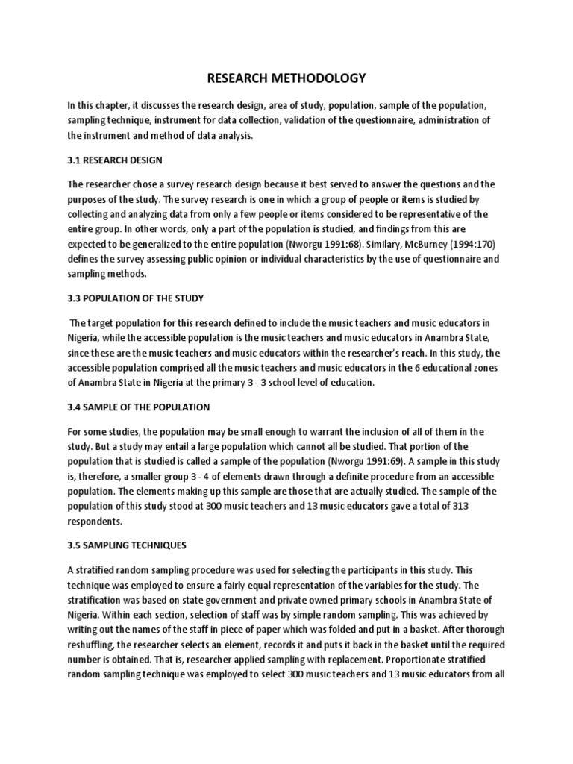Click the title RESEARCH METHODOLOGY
pos(286,78)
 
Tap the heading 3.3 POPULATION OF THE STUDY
pos(135,298)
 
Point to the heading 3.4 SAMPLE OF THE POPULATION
pos(138,408)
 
